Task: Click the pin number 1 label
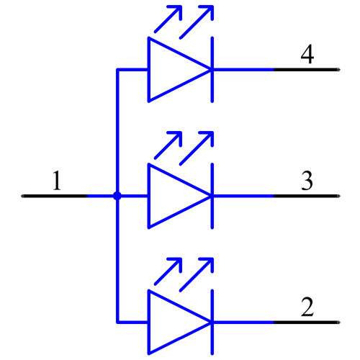click(57, 181)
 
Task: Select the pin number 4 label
click(307, 55)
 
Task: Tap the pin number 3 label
click(307, 181)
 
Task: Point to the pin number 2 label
click(307, 307)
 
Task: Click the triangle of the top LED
click(173, 70)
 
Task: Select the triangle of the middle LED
click(173, 196)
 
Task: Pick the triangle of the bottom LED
click(173, 322)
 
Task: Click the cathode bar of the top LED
click(212, 70)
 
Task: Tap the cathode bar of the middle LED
click(212, 196)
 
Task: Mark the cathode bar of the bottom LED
click(212, 322)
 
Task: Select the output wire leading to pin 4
click(245, 70)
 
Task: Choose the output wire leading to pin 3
click(245, 196)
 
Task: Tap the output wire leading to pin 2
click(245, 322)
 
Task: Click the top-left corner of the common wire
click(117, 70)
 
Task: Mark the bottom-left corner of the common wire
click(117, 322)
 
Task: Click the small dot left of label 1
click(22, 195)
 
